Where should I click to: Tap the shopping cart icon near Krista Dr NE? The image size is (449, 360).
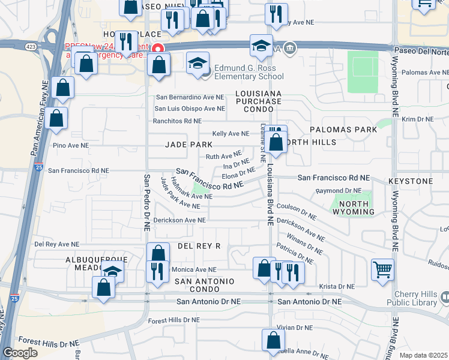coord(382,269)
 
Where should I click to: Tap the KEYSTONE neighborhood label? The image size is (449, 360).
coord(411,181)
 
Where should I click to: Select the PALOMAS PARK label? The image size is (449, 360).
coord(343,130)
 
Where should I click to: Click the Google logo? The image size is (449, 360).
coord(20,353)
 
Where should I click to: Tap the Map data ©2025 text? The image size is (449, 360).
coord(423,355)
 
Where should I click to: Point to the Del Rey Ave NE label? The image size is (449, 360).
coord(56,244)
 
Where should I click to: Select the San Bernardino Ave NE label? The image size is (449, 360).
coord(190,97)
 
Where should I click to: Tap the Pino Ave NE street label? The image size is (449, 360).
coord(71,145)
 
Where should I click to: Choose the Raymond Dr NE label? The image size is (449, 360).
coord(339,191)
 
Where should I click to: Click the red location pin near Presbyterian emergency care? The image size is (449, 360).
coord(158,49)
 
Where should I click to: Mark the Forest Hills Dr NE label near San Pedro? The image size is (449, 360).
coord(173,320)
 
